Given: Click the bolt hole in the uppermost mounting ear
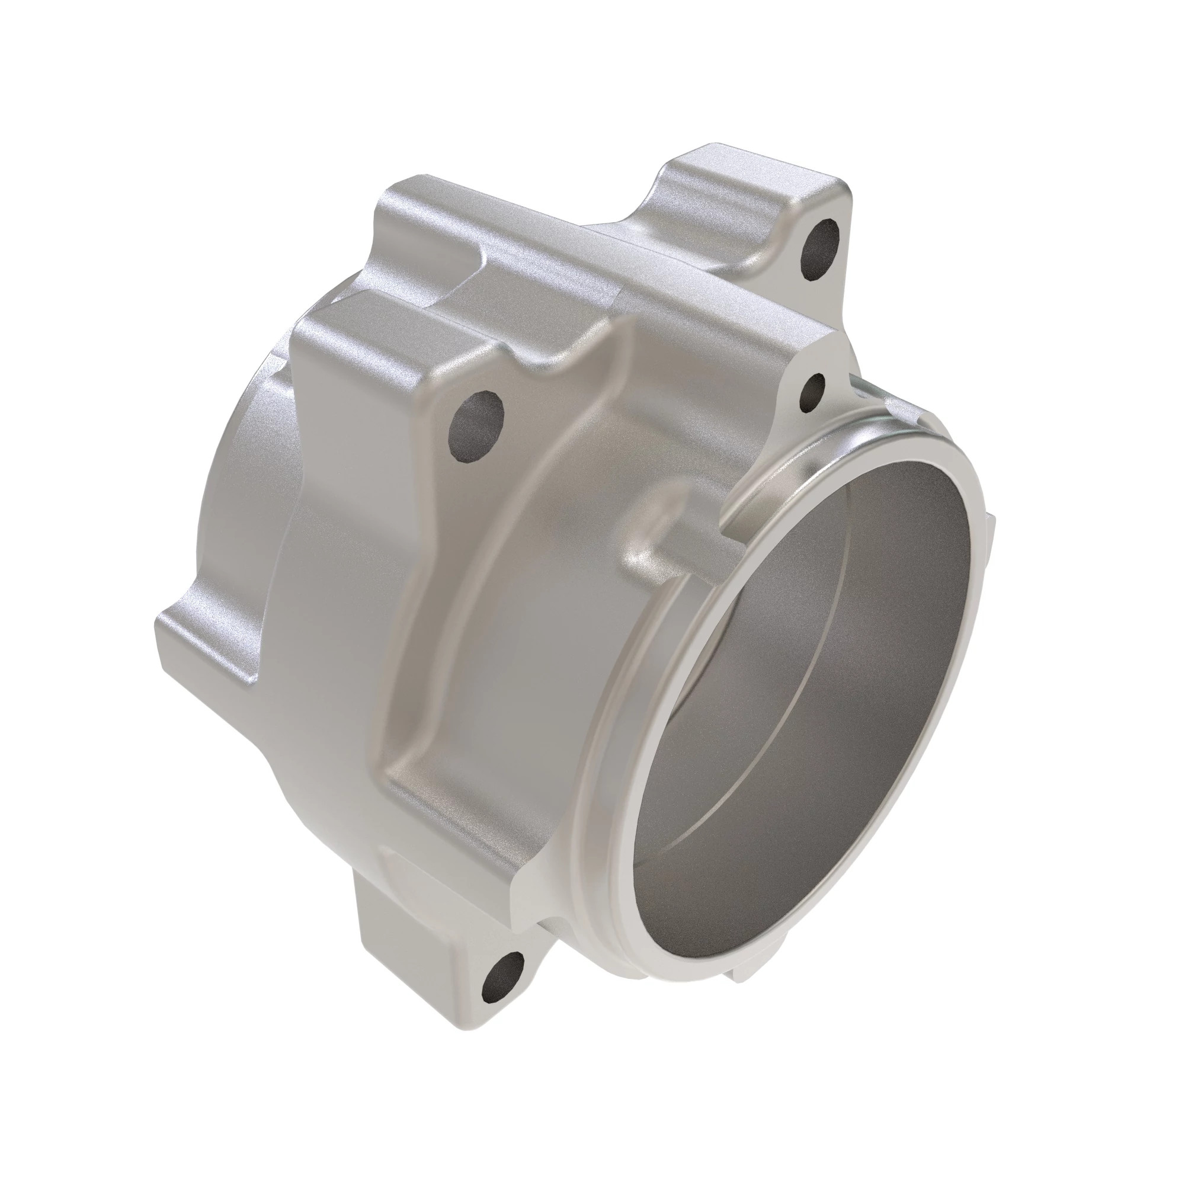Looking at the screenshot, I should tap(821, 249).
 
